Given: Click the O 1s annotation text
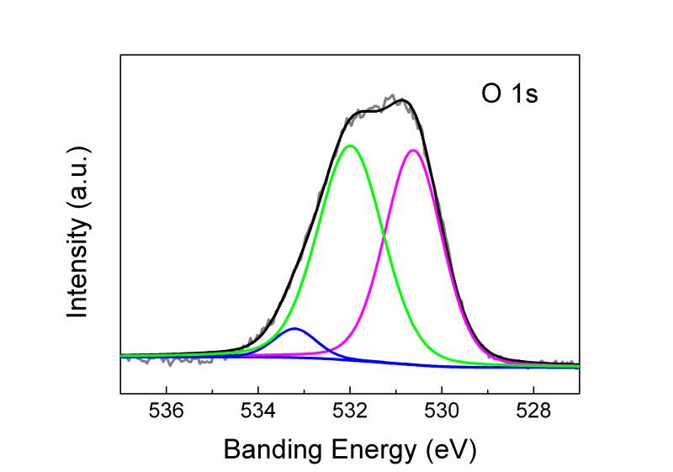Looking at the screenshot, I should pos(504,93).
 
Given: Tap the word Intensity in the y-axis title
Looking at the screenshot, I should pos(79,266).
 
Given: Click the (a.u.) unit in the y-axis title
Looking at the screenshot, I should pos(79,178).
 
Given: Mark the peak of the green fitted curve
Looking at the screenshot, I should pos(351,146).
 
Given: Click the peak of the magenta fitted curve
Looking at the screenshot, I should pos(413,151).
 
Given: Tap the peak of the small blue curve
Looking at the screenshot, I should pos(294,329).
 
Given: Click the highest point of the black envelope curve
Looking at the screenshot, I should pos(405,100).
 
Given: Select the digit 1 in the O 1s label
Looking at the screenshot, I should pos(514,93).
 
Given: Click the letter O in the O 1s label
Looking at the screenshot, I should pos(482,93).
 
